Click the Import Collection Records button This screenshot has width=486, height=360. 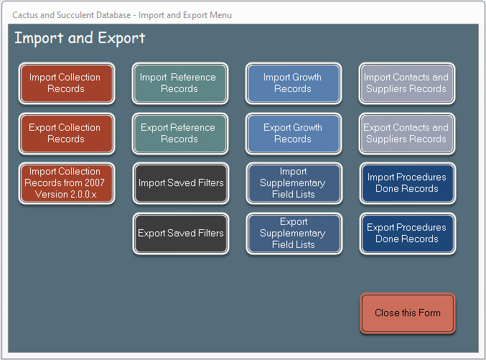tap(67, 83)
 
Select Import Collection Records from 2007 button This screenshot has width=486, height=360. tap(67, 183)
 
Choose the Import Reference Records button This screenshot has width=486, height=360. tap(180, 83)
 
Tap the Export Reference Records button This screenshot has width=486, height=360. tap(180, 134)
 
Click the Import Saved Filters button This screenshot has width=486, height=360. tap(181, 183)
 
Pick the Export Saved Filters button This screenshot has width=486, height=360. tap(181, 234)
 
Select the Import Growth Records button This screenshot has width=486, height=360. tap(294, 83)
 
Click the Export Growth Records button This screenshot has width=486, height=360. tap(294, 134)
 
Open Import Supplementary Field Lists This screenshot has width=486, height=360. tap(294, 183)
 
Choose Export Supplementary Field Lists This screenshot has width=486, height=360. tap(294, 234)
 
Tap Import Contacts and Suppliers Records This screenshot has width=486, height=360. tap(407, 83)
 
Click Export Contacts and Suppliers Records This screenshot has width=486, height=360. tap(407, 134)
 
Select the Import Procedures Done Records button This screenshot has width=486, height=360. tap(408, 183)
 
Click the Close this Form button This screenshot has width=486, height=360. tap(408, 313)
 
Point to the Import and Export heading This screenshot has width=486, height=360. tap(80, 39)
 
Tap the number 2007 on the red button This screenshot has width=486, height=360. tap(94, 183)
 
